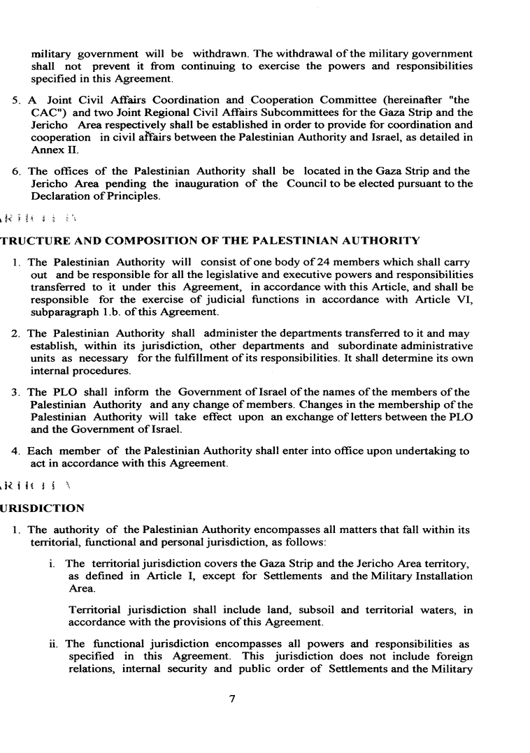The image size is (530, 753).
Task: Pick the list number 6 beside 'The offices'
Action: tap(17, 171)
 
